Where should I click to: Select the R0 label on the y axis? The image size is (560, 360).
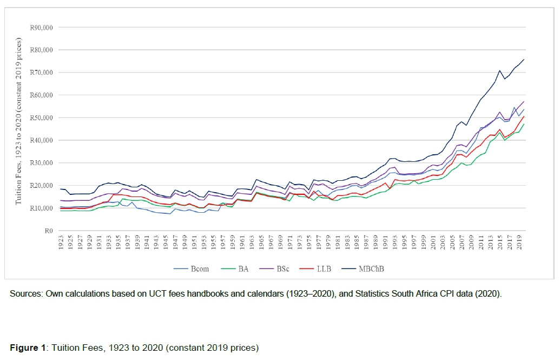click(48, 231)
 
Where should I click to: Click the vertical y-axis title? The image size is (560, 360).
click(19, 121)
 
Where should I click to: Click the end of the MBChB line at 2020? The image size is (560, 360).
click(524, 59)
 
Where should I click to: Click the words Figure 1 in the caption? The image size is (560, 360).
click(28, 347)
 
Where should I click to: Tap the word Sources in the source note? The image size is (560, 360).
click(25, 294)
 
